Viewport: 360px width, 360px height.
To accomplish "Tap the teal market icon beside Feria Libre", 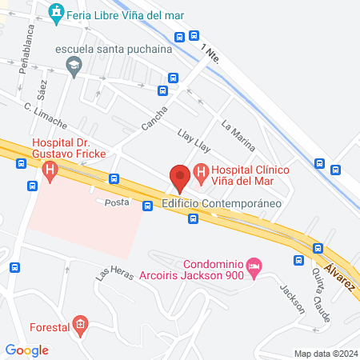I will click(x=56, y=13).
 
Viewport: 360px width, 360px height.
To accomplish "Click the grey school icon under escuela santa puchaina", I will click(x=74, y=66).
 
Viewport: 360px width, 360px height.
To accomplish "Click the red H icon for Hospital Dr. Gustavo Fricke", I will click(x=50, y=170).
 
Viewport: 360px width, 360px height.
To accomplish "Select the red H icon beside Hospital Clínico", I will click(x=201, y=170).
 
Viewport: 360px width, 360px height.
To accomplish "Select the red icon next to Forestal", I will click(x=78, y=325).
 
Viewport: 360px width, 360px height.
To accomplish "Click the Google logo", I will click(x=26, y=350).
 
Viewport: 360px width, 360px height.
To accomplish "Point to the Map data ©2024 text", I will click(x=325, y=353).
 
